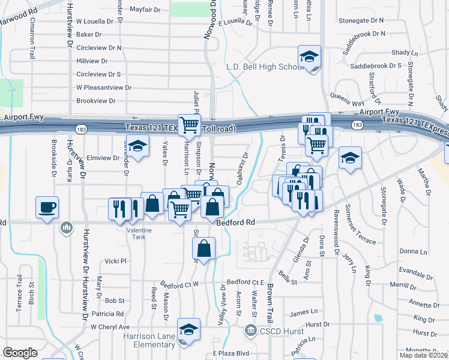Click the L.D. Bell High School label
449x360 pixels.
tap(265, 67)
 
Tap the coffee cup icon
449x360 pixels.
tap(47, 208)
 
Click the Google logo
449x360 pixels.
tap(20, 352)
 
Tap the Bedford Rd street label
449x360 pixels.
tap(235, 222)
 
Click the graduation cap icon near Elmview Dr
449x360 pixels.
tap(137, 146)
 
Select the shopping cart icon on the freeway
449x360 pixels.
tap(189, 125)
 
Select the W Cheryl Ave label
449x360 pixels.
tap(110, 327)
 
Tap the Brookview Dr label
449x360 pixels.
tap(96, 101)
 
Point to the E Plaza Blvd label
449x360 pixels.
tap(231, 353)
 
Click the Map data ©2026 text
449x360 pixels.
tap(423, 355)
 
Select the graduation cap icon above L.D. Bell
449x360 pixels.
tap(310, 57)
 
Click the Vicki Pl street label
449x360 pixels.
tap(116, 262)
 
